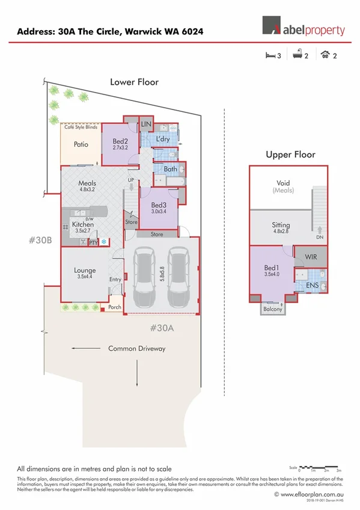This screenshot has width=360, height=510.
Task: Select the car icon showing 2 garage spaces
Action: pos(325,55)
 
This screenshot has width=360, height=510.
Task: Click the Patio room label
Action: pos(81,144)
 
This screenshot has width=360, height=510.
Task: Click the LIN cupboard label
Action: pos(145,124)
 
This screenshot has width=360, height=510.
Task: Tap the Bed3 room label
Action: pos(159,205)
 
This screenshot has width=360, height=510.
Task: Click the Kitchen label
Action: pos(83,224)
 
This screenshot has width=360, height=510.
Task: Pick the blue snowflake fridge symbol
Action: pos(103,242)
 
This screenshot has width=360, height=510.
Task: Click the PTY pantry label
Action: pos(93,242)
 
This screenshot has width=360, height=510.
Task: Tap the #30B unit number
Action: pos(40,239)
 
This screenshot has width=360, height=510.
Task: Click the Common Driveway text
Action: pos(136,348)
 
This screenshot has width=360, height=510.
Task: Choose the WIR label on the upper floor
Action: pos(311,257)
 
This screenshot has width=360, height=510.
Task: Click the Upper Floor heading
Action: pos(290,155)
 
